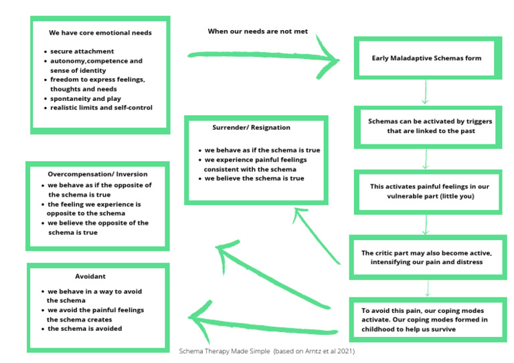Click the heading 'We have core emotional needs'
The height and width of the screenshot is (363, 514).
tap(100, 32)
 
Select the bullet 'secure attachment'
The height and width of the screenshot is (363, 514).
tap(82, 51)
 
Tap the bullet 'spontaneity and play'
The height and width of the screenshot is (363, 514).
tap(86, 98)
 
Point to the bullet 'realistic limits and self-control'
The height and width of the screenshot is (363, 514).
tap(101, 108)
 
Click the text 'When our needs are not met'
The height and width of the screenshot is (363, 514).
tap(258, 31)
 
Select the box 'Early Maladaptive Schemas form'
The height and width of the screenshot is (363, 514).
tap(426, 58)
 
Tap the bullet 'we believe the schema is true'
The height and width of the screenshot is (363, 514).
tap(254, 178)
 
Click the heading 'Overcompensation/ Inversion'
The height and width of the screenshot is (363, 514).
tap(98, 174)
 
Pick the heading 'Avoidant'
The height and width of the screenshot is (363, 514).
tap(90, 276)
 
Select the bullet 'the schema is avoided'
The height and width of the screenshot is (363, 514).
tap(84, 328)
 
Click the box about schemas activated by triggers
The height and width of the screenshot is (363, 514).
tap(426, 126)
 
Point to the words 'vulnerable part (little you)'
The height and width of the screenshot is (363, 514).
tap(427, 197)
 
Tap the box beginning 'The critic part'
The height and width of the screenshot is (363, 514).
tap(426, 257)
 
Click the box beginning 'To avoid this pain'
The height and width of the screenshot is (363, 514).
tap(426, 320)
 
